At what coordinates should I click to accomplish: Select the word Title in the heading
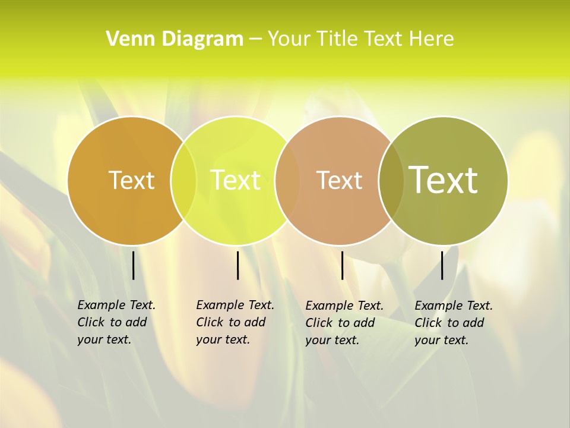[x=336, y=39]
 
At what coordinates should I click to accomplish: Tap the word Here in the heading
[x=432, y=39]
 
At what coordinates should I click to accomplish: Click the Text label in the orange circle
[x=131, y=180]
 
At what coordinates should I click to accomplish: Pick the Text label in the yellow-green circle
[x=236, y=180]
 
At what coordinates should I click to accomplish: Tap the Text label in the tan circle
[x=339, y=180]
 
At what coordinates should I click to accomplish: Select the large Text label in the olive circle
[x=444, y=180]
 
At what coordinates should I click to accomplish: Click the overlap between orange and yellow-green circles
[x=183, y=180]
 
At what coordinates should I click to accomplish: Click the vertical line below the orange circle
[x=134, y=265]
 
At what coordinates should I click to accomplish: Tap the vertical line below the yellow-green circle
[x=237, y=265]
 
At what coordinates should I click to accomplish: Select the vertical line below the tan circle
[x=342, y=265]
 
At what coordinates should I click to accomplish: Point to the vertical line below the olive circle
[x=442, y=265]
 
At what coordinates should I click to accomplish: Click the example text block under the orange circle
[x=116, y=322]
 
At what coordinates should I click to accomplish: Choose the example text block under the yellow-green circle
[x=235, y=322]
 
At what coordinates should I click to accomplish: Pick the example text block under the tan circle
[x=344, y=323]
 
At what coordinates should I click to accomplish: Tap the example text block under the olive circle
[x=453, y=323]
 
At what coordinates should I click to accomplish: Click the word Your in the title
[x=290, y=39]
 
